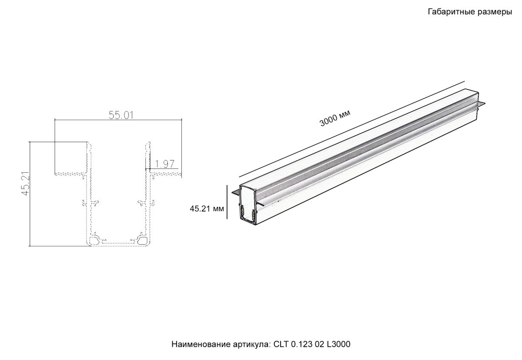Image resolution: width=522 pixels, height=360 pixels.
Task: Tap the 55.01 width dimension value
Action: pyautogui.click(x=120, y=115)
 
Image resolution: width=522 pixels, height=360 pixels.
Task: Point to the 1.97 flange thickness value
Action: pyautogui.click(x=164, y=164)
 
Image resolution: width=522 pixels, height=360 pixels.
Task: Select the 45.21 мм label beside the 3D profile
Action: pyautogui.click(x=207, y=209)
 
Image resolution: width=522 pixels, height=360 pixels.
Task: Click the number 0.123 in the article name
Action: pyautogui.click(x=301, y=344)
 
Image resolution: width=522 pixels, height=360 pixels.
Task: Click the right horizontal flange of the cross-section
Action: pyautogui.click(x=166, y=174)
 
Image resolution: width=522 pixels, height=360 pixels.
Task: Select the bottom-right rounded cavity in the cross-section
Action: pyautogui.click(x=142, y=239)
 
